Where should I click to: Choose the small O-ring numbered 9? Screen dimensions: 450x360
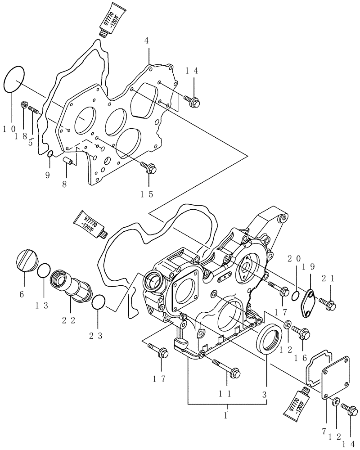tap(51, 155)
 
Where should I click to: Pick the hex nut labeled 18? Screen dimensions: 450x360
tap(23, 105)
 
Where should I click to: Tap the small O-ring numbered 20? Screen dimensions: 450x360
tap(295, 295)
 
